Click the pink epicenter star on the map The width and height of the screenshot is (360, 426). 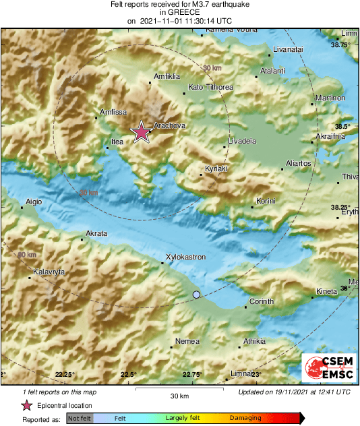pyautogui.click(x=141, y=133)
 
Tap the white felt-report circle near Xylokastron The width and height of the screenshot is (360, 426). pyautogui.click(x=196, y=295)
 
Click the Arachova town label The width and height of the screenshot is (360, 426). pyautogui.click(x=169, y=125)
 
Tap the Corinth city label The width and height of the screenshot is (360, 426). pyautogui.click(x=261, y=301)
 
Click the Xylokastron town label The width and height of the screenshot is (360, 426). pyautogui.click(x=185, y=257)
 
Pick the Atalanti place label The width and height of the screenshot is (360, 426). pyautogui.click(x=273, y=71)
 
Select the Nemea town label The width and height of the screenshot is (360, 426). pyautogui.click(x=187, y=341)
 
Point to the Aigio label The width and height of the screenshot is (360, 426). pyautogui.click(x=34, y=202)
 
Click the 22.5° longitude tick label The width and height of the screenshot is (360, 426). pyautogui.click(x=128, y=374)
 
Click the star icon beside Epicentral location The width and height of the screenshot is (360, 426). pyautogui.click(x=26, y=405)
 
